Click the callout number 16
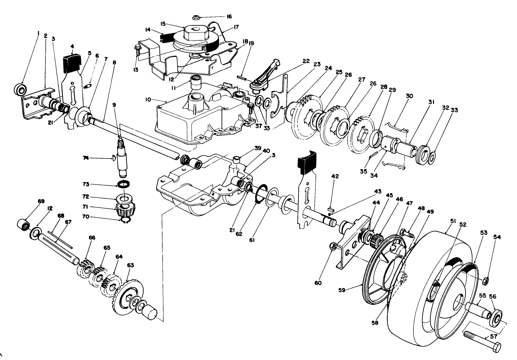tap(229, 17)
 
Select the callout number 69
tap(41, 201)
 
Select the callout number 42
tap(335, 176)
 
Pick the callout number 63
tap(130, 264)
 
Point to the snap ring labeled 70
tap(125, 221)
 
